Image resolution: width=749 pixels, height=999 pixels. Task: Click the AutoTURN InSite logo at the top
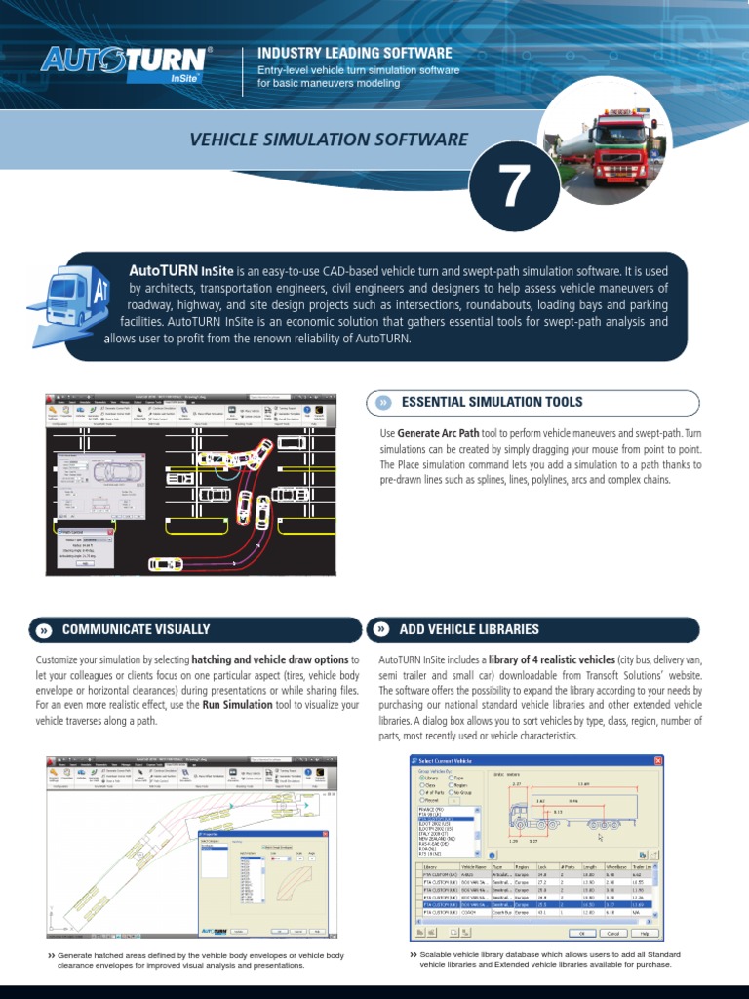[125, 63]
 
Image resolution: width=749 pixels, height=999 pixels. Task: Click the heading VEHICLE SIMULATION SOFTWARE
[329, 140]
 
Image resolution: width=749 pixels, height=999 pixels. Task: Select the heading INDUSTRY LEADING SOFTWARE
[354, 52]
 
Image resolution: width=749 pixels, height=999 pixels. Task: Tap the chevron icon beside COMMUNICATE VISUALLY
[43, 631]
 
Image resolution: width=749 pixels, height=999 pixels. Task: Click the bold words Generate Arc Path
[439, 432]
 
